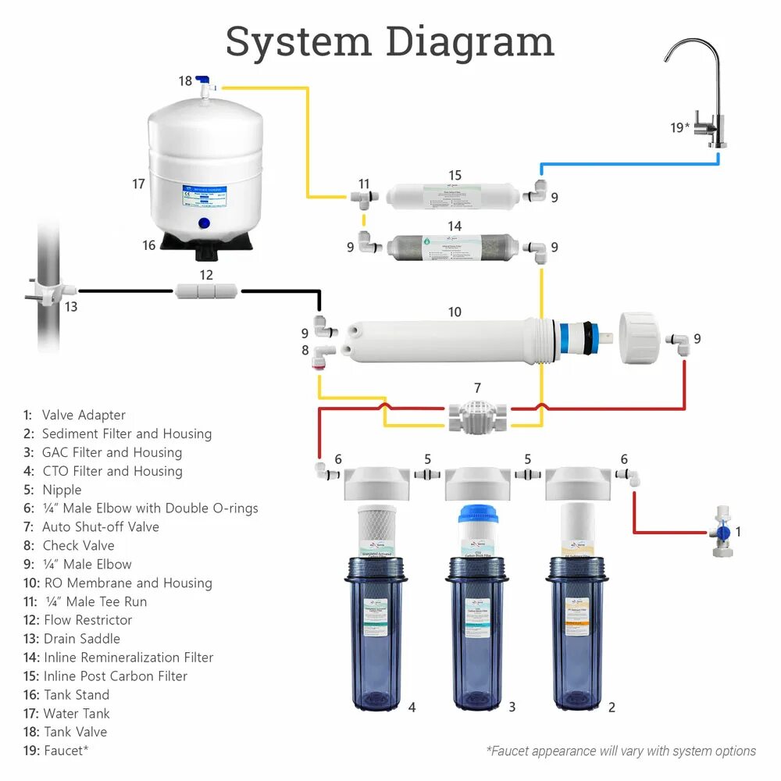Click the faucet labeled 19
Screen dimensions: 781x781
713,117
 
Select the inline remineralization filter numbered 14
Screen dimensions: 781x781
455,247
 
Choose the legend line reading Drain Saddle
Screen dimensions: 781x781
81,639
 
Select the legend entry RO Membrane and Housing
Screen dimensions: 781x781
127,583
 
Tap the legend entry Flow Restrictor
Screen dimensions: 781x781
87,620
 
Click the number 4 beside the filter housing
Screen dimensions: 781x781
412,708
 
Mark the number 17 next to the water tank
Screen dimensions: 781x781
138,184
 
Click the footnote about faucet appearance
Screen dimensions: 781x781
621,751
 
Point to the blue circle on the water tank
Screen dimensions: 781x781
205,223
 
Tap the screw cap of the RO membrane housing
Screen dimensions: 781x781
640,337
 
